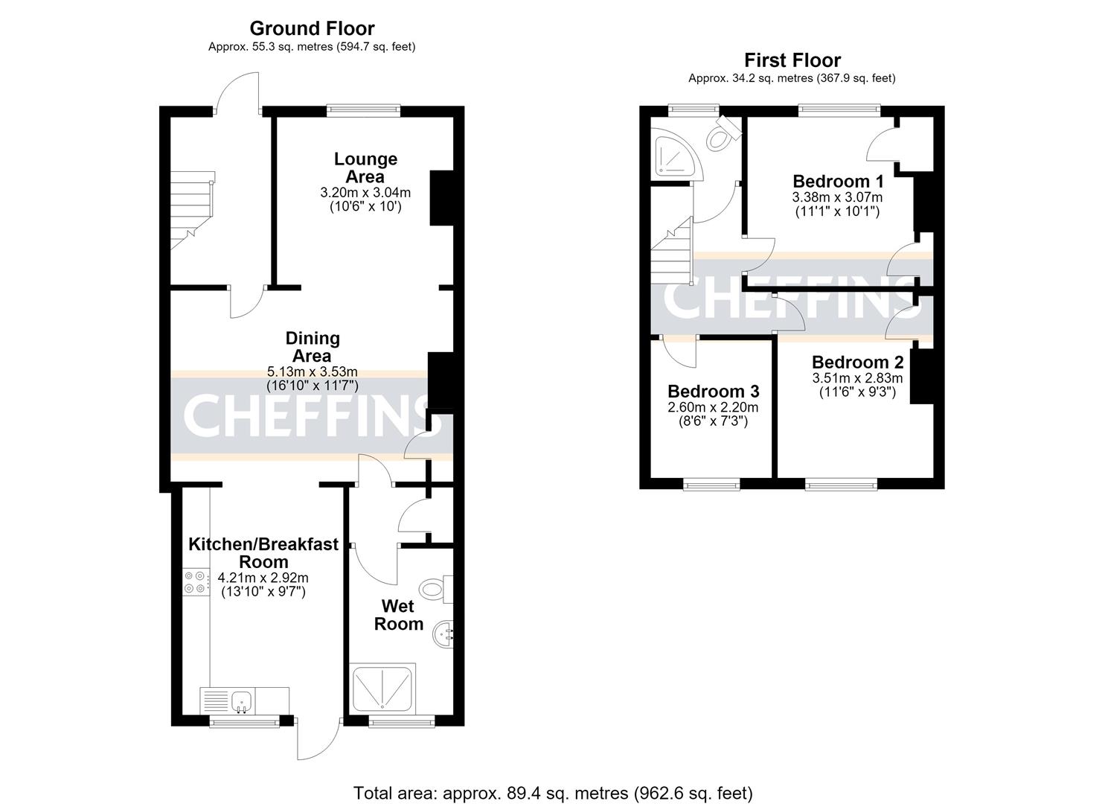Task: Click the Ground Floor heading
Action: coord(312,28)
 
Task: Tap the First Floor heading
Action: coord(792,60)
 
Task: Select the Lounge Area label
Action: coord(365,167)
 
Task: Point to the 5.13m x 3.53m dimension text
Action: coord(313,371)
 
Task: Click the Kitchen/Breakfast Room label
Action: coord(263,553)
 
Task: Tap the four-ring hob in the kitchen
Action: coord(194,582)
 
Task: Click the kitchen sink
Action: coord(241,701)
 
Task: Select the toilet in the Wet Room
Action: coord(435,590)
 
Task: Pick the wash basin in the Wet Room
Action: coord(443,634)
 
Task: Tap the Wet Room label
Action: coord(399,615)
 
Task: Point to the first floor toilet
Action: coord(723,133)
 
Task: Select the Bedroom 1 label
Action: coord(838,181)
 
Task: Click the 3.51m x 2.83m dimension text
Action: coord(857,379)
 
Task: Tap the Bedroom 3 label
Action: coord(714,392)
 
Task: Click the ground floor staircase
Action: coord(193,210)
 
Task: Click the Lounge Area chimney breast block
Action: coord(441,198)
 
